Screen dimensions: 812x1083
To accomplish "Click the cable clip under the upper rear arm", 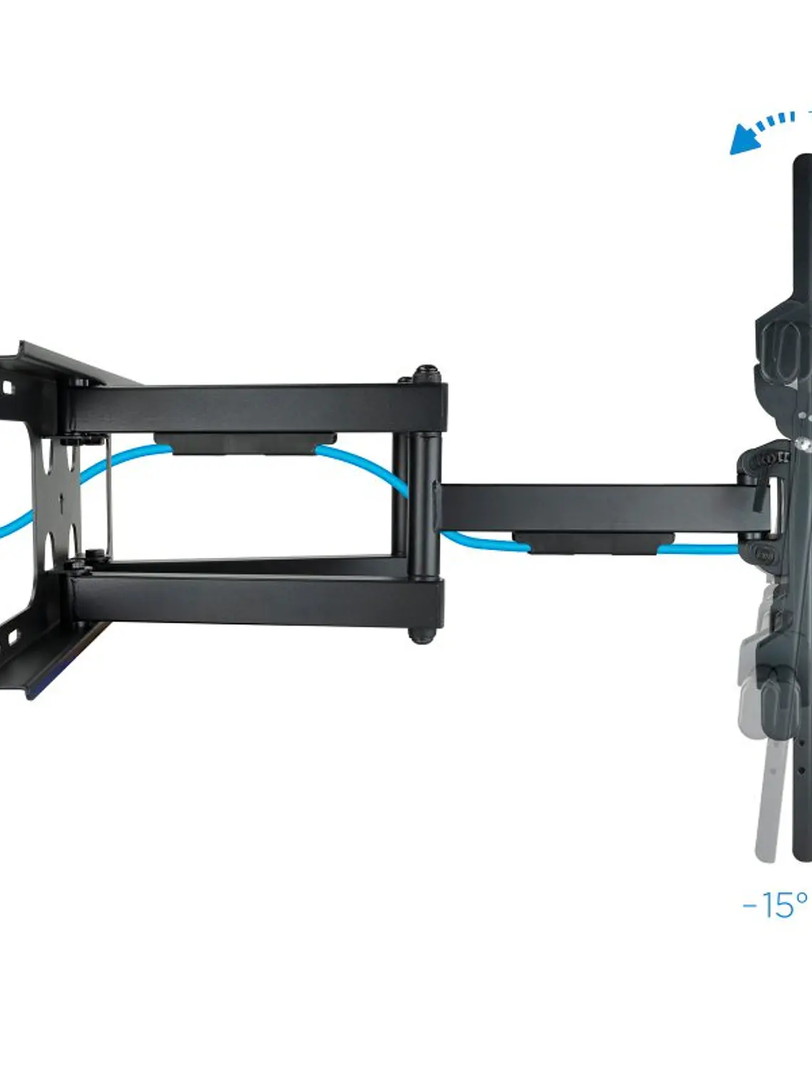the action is click(245, 443).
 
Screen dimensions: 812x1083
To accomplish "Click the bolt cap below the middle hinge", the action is click(422, 635).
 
